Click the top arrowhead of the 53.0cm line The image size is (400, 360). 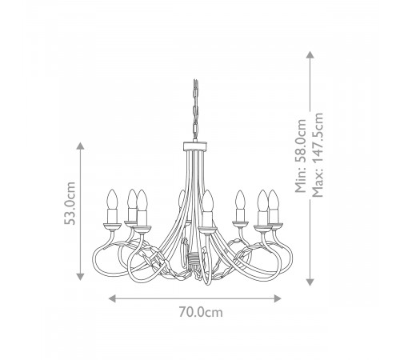[80, 144]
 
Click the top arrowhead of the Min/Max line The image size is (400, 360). [310, 53]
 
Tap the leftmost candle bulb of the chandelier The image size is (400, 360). [112, 198]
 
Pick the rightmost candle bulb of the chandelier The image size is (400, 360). [276, 198]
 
